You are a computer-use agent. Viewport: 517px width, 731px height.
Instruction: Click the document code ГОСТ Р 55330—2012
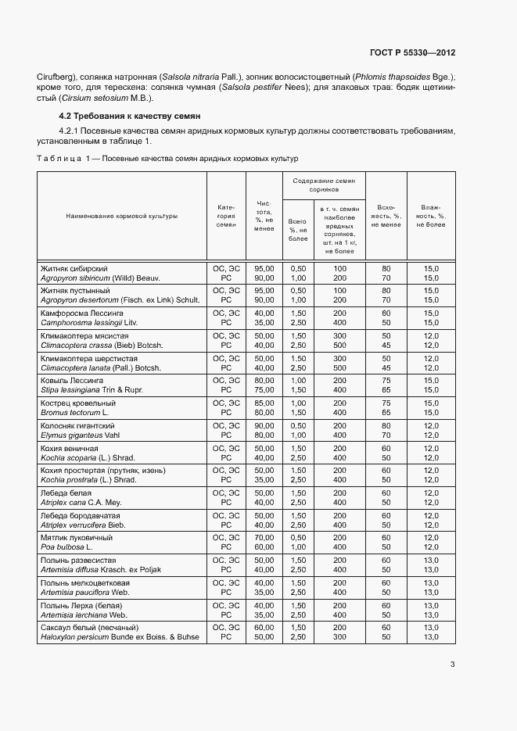pyautogui.click(x=412, y=52)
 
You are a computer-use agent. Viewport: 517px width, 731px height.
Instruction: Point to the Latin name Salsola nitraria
pyautogui.click(x=192, y=77)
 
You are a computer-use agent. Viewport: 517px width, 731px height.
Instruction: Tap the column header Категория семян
pyautogui.click(x=226, y=216)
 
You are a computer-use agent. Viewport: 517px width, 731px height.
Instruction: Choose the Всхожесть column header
pyautogui.click(x=386, y=216)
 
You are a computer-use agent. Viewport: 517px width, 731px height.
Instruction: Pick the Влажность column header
pyautogui.click(x=431, y=216)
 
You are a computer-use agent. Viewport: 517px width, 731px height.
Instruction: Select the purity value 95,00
pyautogui.click(x=264, y=268)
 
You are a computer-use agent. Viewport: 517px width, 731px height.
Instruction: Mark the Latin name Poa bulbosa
pyautogui.click(x=63, y=547)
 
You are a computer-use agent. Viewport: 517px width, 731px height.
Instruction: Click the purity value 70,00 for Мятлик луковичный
pyautogui.click(x=264, y=538)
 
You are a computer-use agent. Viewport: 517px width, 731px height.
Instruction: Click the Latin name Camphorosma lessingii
pyautogui.click(x=89, y=322)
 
